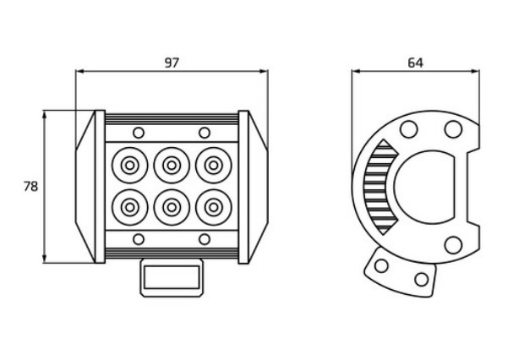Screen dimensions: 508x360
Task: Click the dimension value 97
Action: [x=172, y=63]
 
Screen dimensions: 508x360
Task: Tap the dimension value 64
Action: [x=415, y=63]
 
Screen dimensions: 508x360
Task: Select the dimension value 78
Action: [x=30, y=187]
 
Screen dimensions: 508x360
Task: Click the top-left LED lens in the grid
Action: [x=129, y=166]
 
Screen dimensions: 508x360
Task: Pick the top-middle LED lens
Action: [x=172, y=166]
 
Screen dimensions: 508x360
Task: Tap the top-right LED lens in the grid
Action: [x=214, y=166]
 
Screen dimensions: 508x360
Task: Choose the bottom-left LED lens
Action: [x=129, y=207]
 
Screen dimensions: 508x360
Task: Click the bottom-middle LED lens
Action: [x=172, y=207]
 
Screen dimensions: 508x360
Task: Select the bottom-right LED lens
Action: [x=214, y=207]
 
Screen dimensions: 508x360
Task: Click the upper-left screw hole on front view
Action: [x=139, y=133]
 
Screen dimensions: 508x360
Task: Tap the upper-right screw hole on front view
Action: [x=205, y=133]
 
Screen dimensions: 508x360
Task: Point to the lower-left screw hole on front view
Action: [x=139, y=239]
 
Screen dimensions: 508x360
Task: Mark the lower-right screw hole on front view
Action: [x=205, y=239]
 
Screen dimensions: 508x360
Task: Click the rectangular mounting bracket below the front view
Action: [x=172, y=278]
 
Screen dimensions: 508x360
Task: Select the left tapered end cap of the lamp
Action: [x=85, y=187]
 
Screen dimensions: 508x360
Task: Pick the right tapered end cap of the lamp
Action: [x=258, y=187]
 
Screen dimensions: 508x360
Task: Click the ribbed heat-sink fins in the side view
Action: [x=378, y=187]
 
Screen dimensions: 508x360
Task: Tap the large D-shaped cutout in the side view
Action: [x=424, y=187]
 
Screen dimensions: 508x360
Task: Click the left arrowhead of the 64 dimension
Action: [x=356, y=71]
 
